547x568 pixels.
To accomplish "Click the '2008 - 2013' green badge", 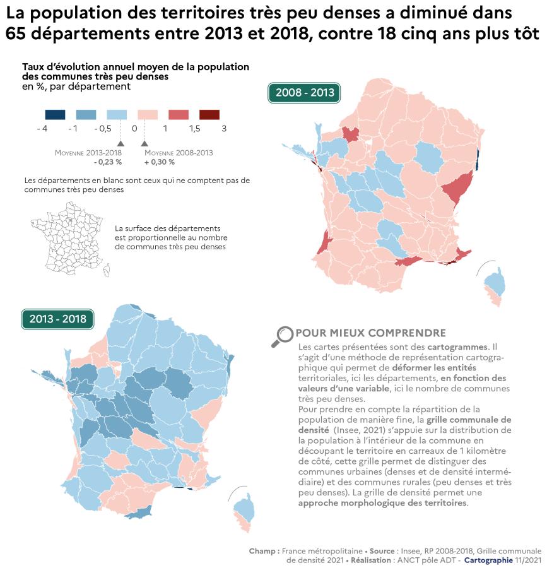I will (x=304, y=93).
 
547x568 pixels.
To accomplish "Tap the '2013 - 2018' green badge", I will (x=57, y=319).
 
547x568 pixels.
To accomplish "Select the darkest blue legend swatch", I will (x=55, y=115).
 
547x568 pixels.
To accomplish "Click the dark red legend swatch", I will (x=209, y=115).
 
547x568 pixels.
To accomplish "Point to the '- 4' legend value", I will (x=42, y=129).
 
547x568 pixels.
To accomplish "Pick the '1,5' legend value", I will (x=194, y=129).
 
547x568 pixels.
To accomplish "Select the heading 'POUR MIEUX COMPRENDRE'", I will (x=370, y=333).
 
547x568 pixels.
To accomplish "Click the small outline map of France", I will (x=70, y=239).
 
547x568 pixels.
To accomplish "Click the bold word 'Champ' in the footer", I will (x=264, y=550).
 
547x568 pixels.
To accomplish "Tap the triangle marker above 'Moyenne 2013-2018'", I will (x=120, y=144).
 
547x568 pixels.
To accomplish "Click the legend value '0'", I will (x=134, y=129).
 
